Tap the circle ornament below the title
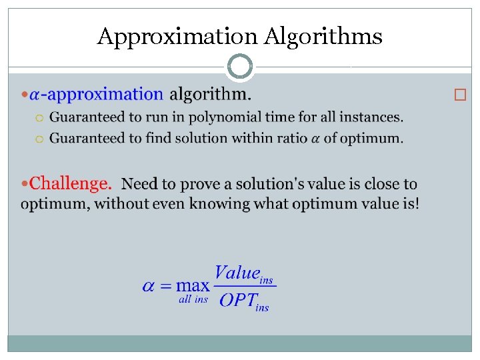(240, 67)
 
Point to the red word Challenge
(70, 183)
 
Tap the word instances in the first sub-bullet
(370, 117)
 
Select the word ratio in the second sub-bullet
(287, 139)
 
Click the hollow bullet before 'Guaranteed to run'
(39, 118)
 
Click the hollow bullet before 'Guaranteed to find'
(39, 139)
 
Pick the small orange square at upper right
(458, 95)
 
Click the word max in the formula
(193, 286)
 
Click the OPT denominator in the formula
(237, 300)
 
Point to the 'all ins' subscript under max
(193, 299)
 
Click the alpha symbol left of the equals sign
(149, 286)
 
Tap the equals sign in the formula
(166, 286)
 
